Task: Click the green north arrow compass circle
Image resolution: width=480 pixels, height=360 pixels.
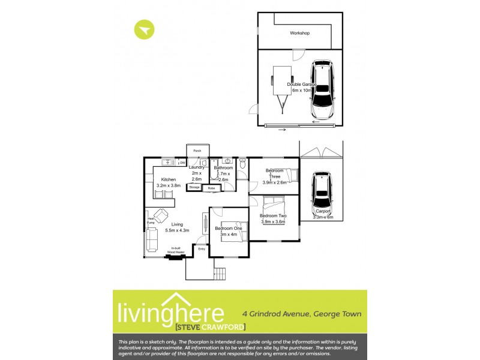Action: click(x=145, y=30)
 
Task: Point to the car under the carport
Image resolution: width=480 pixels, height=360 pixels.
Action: click(x=322, y=196)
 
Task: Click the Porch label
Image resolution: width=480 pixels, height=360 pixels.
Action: click(x=197, y=150)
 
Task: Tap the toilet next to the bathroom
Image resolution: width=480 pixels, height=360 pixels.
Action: click(x=242, y=163)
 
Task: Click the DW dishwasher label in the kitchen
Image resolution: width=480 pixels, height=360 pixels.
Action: click(x=182, y=162)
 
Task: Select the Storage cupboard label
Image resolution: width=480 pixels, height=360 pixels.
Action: click(x=194, y=187)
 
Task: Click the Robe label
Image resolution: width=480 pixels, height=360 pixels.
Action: click(x=211, y=188)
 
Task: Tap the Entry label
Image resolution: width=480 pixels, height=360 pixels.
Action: click(x=201, y=248)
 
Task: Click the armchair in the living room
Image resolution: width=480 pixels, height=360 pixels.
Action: click(x=161, y=215)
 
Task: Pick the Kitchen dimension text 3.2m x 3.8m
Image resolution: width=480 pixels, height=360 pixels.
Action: click(x=168, y=186)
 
